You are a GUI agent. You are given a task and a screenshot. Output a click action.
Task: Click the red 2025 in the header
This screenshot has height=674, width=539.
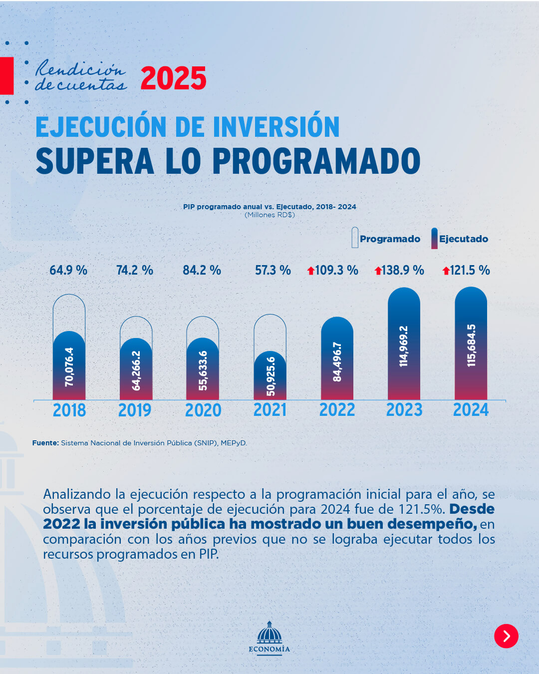point(173,78)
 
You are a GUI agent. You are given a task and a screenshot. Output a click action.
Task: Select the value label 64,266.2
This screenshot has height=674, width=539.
point(136,370)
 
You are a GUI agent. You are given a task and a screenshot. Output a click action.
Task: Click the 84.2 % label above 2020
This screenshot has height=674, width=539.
point(202,270)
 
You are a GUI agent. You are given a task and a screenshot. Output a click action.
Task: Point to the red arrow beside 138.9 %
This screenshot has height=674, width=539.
point(378,271)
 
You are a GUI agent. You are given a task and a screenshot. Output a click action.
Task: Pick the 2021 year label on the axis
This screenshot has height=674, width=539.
point(270,410)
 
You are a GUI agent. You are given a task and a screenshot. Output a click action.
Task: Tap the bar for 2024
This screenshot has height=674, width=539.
point(471,344)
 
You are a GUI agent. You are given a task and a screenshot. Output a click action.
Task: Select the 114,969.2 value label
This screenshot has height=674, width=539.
point(404,346)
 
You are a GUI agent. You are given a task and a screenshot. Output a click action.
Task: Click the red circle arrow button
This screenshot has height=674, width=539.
point(506,636)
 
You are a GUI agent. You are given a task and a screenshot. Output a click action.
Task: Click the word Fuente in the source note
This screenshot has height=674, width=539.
point(45,443)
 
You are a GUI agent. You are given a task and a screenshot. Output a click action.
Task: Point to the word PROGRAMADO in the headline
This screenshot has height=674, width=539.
point(316,161)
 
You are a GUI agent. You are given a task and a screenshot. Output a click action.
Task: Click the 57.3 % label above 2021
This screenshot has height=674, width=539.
point(272,270)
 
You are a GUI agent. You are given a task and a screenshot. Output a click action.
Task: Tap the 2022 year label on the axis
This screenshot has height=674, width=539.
point(337,410)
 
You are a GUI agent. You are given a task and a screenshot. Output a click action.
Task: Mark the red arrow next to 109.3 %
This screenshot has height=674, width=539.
point(311,271)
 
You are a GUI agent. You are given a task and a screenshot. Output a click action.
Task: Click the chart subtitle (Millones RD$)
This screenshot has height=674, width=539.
point(269,215)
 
